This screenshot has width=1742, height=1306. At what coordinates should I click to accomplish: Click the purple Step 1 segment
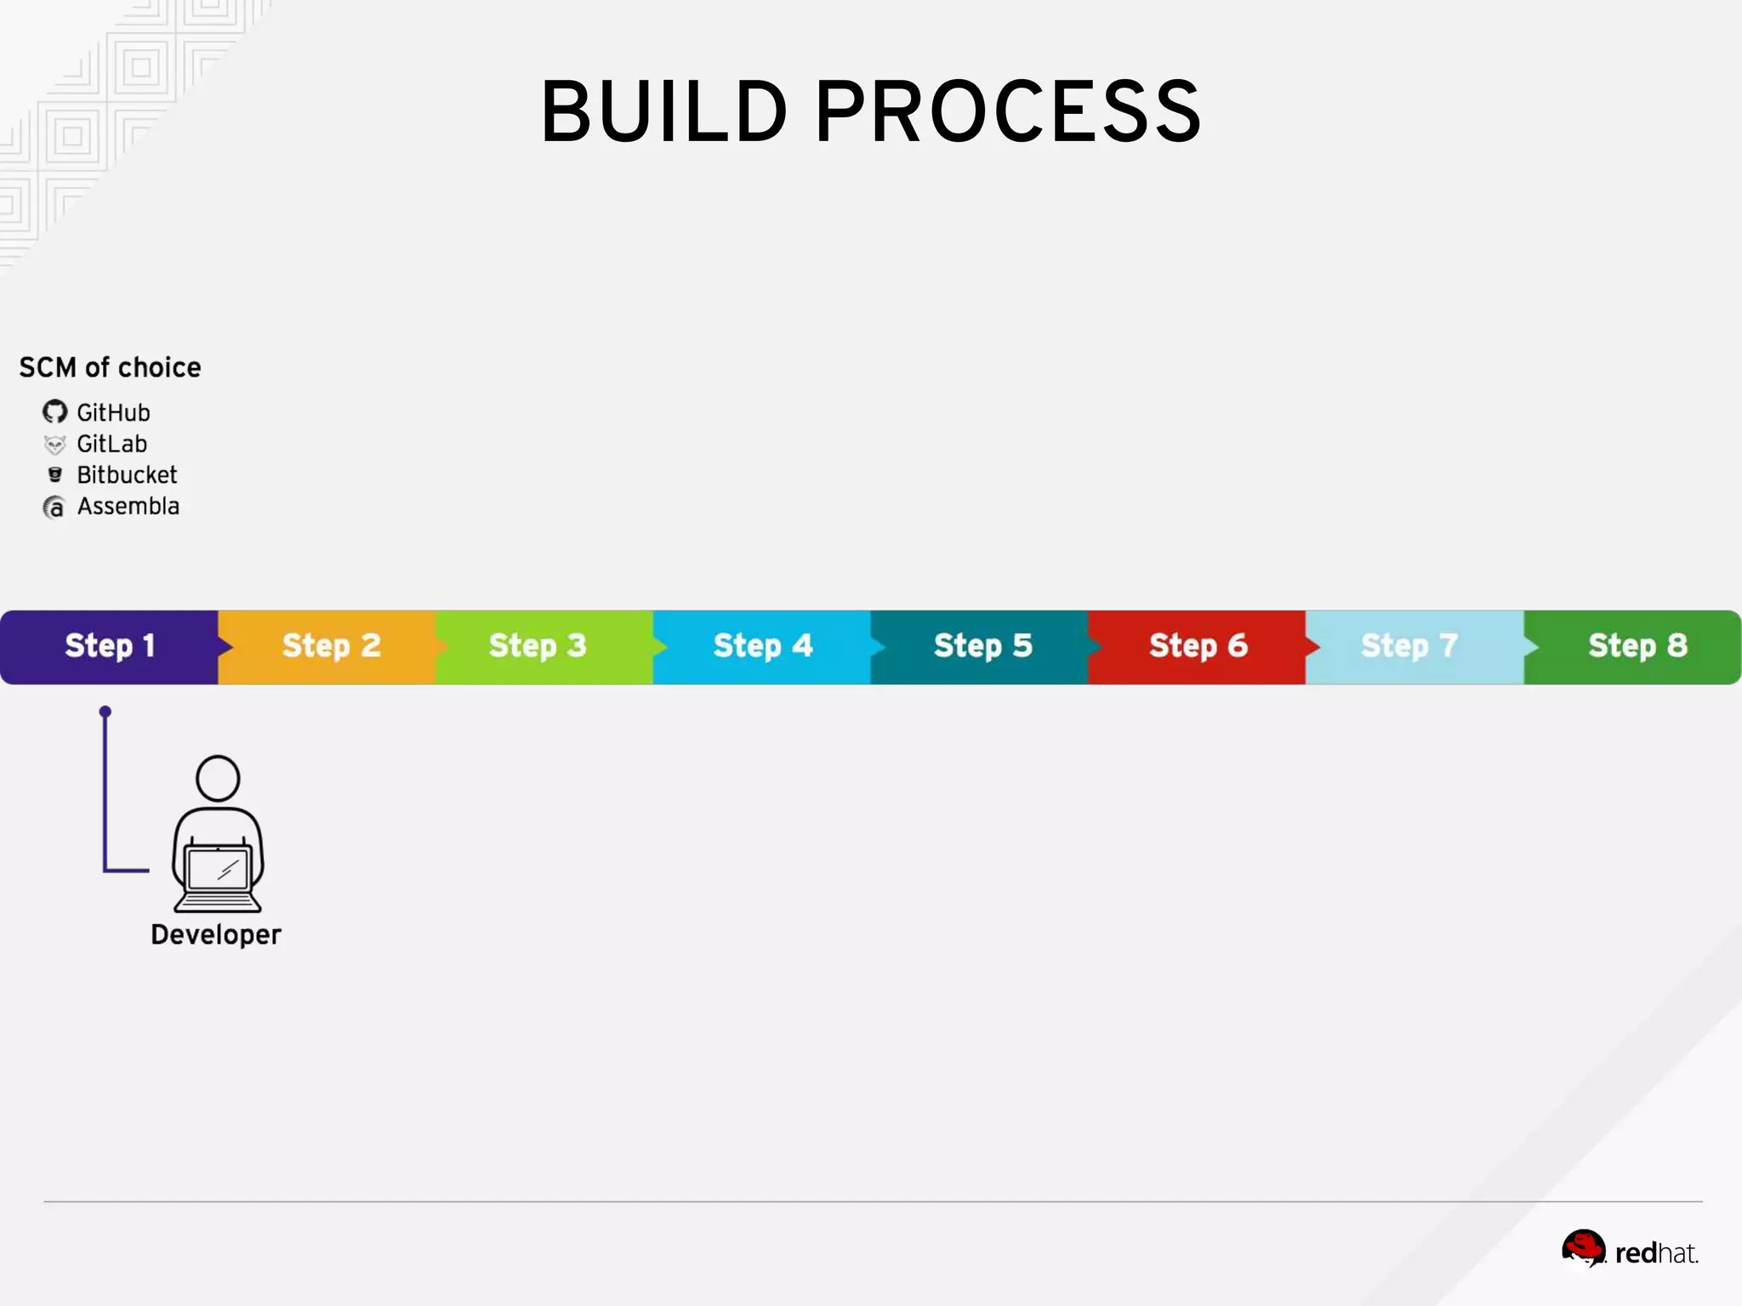109,646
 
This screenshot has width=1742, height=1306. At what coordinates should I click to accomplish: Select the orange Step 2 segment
331,646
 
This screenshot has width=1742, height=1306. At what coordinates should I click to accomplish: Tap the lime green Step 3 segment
538,646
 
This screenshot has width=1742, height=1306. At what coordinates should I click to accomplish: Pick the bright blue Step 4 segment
762,646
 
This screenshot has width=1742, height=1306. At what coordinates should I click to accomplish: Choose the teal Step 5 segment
982,646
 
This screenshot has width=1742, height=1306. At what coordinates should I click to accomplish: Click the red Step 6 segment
1198,646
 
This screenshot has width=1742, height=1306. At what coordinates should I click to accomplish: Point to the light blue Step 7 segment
1409,646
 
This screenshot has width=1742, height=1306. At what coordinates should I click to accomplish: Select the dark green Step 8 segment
1637,646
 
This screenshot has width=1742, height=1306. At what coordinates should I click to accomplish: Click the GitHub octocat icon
54,412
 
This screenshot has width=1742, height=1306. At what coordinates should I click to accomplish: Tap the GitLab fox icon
54,445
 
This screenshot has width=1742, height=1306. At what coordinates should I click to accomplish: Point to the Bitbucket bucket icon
54,474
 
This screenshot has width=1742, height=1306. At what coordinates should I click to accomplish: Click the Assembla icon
54,508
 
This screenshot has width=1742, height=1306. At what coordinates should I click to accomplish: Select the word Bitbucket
127,474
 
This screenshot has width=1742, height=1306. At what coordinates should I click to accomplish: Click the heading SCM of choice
110,367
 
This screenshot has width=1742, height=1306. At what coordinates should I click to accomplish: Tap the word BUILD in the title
663,111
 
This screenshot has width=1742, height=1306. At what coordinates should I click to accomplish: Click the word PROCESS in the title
1008,111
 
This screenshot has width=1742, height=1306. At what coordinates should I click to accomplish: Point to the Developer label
215,934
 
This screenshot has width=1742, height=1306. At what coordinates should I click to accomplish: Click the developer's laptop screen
218,869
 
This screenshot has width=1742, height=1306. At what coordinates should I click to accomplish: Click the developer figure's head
218,778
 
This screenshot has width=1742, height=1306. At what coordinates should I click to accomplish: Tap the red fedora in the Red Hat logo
1583,1247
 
